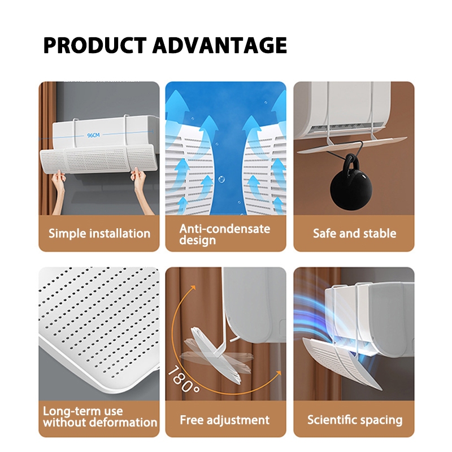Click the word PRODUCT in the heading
95,46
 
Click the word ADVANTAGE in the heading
220,46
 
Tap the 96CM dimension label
93,135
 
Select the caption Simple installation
99,233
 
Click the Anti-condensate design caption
224,234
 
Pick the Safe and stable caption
355,233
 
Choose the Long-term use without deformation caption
100,416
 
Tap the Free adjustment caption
224,420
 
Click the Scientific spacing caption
355,420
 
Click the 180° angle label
184,379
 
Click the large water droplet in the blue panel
221,179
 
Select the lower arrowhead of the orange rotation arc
278,373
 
